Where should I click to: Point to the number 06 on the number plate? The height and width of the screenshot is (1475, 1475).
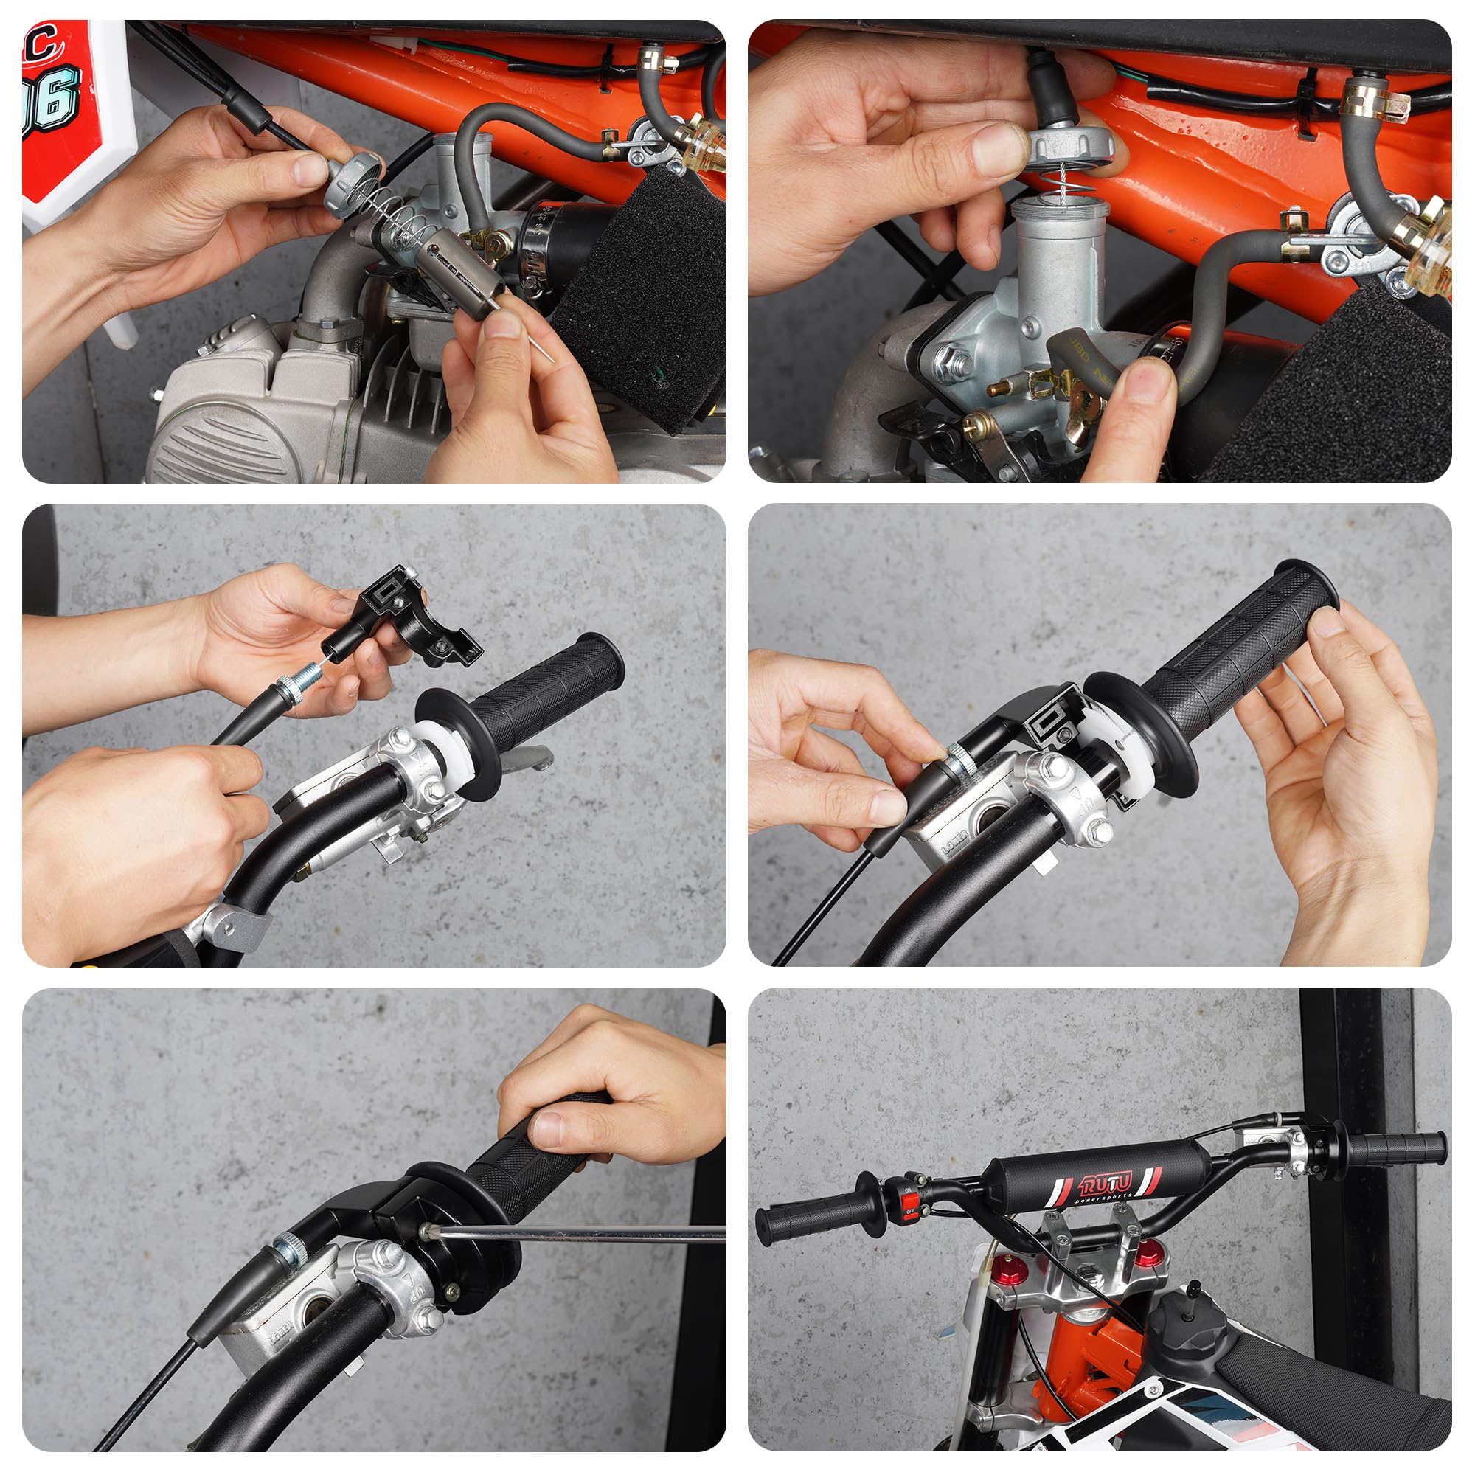53,100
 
